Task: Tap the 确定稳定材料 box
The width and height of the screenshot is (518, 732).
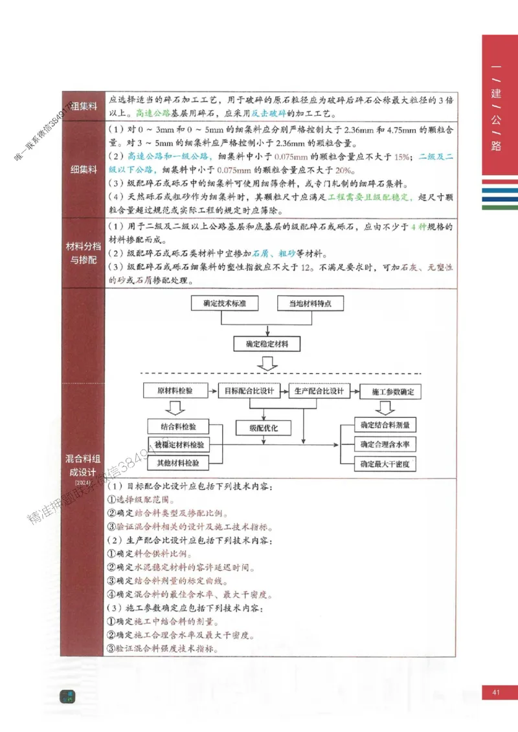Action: [x=267, y=344]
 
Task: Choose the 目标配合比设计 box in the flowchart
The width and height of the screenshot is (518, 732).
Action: [x=249, y=391]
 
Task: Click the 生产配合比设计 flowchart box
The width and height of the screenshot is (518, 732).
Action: [x=319, y=391]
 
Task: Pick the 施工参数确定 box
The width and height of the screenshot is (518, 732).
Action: [x=388, y=392]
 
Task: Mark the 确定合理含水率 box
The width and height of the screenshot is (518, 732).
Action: [x=388, y=445]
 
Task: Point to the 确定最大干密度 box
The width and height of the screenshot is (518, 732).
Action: [x=388, y=464]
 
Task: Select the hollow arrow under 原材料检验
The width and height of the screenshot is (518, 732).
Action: [x=174, y=408]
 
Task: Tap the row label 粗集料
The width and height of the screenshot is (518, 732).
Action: [x=83, y=106]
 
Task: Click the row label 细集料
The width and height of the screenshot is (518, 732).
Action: [x=83, y=169]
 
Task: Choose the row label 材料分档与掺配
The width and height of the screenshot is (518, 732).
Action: [x=83, y=253]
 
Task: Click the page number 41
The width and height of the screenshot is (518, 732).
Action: [x=497, y=693]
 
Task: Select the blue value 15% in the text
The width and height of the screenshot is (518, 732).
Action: [x=401, y=156]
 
